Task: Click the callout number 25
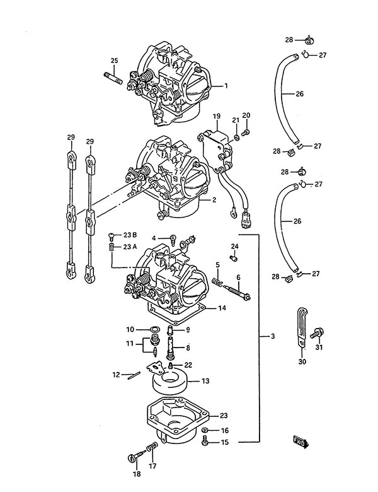[115, 61]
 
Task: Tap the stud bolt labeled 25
[113, 78]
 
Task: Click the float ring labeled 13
[169, 382]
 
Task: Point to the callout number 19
[217, 117]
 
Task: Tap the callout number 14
[222, 308]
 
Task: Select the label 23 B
[130, 235]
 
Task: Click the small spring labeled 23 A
[111, 247]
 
